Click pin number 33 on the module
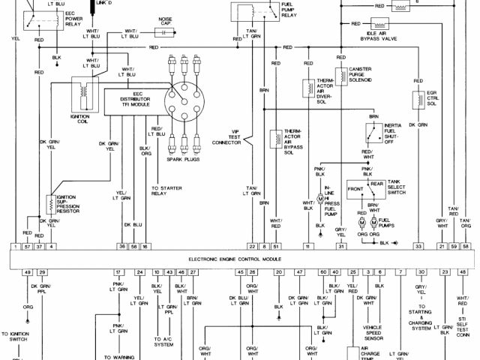pyautogui.click(x=418, y=246)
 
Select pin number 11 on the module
pyautogui.click(x=307, y=246)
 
